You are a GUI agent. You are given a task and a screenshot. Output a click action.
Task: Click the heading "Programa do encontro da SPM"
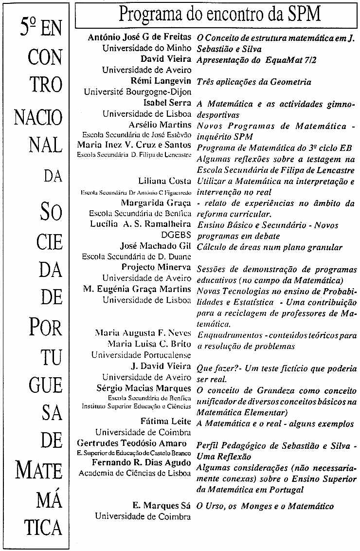pyautogui.click(x=220, y=15)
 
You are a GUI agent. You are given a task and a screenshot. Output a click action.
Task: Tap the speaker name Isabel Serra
pyautogui.click(x=167, y=103)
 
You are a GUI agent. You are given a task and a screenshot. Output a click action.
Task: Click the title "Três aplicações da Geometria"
pyautogui.click(x=254, y=82)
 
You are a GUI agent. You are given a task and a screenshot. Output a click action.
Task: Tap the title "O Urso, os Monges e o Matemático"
pyautogui.click(x=265, y=506)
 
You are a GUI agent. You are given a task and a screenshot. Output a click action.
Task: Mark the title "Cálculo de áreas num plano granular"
pyautogui.click(x=270, y=247)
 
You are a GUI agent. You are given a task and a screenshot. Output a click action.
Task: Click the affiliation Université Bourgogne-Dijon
pyautogui.click(x=137, y=92)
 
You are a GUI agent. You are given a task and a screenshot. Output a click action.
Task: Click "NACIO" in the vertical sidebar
pyautogui.click(x=39, y=117)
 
